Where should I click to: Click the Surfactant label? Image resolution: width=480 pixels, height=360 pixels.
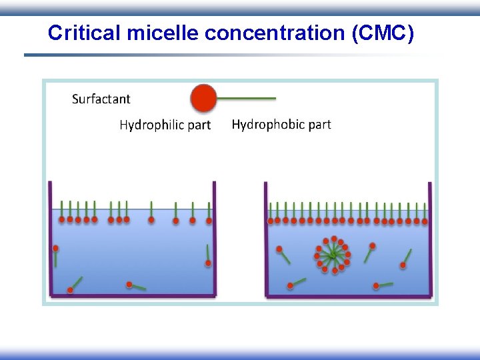tap(101, 99)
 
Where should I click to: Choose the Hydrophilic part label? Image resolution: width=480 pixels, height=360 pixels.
tap(165, 125)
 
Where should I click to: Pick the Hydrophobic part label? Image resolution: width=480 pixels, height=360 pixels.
tap(281, 124)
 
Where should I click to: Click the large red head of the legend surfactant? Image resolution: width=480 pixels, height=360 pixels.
tap(204, 98)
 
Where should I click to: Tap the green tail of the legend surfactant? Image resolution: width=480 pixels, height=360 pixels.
tap(247, 98)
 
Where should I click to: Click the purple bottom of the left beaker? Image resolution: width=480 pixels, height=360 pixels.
tap(132, 295)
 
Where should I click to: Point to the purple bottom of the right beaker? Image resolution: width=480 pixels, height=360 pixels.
tap(348, 295)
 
